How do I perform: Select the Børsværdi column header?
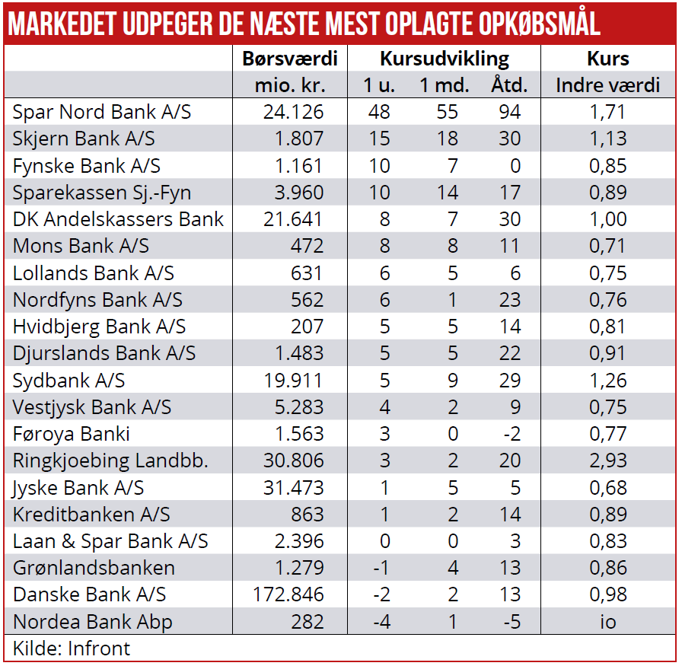[289, 59]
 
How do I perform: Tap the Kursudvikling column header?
[445, 59]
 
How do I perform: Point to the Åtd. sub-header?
[509, 84]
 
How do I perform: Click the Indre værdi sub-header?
[608, 84]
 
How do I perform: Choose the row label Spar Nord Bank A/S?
[102, 112]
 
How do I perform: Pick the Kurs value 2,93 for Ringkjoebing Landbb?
[607, 460]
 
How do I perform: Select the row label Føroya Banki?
[72, 434]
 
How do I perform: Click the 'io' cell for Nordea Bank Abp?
[607, 622]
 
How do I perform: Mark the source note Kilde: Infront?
[72, 648]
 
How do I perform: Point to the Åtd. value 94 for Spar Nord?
[509, 112]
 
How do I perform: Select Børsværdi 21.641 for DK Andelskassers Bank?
[293, 219]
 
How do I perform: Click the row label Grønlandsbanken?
[94, 568]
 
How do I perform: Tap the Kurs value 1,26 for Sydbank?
[607, 380]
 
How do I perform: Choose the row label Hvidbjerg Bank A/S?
[99, 327]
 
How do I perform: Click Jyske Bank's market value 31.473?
[293, 487]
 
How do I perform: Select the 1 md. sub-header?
[445, 84]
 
